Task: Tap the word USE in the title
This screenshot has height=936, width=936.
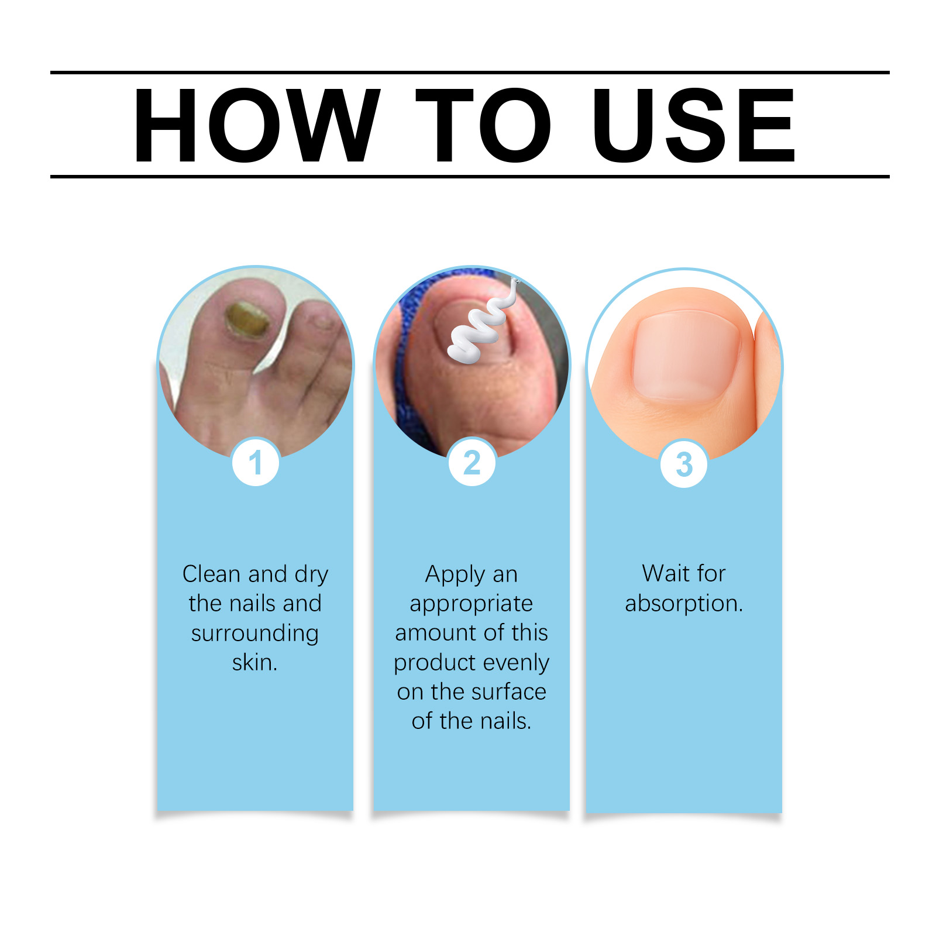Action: (694, 125)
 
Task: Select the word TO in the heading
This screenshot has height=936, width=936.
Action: (483, 125)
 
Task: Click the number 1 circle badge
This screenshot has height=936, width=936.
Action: (255, 463)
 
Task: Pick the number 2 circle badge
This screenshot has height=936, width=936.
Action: (472, 463)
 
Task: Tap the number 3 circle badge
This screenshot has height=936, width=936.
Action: (684, 464)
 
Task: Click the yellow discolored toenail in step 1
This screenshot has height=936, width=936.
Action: (247, 321)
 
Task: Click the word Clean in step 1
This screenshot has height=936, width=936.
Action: (213, 574)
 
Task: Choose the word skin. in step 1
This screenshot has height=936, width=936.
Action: (255, 663)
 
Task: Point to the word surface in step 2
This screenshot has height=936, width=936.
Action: (505, 692)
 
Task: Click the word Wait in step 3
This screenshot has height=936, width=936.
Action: (666, 573)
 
